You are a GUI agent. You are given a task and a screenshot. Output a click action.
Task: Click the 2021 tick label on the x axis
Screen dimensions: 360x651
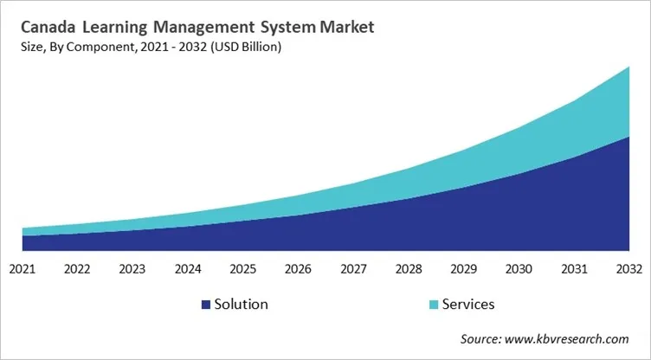click(x=22, y=268)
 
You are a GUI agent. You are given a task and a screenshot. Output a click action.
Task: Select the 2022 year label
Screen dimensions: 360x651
click(x=77, y=268)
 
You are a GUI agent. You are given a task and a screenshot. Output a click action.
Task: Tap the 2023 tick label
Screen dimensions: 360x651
click(x=132, y=268)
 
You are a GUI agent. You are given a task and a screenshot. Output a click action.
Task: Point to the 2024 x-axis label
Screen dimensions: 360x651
click(x=188, y=268)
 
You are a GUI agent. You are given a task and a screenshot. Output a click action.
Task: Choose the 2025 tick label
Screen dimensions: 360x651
click(x=243, y=268)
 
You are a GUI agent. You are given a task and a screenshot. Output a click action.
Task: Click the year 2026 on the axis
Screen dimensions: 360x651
click(x=299, y=268)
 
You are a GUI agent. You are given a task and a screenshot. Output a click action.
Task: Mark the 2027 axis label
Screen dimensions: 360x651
click(x=354, y=268)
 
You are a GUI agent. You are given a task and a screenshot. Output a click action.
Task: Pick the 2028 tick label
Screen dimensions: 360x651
click(x=409, y=268)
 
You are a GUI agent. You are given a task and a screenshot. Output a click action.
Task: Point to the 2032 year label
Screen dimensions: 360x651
click(x=629, y=268)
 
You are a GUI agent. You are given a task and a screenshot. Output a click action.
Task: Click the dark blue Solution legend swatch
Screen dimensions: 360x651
click(x=205, y=305)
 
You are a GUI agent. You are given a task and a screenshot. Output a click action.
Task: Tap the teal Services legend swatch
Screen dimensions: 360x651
click(x=434, y=305)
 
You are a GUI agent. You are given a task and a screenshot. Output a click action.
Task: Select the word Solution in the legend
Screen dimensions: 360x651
click(x=242, y=305)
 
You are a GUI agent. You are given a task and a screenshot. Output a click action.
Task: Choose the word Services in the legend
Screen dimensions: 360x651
click(x=468, y=305)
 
